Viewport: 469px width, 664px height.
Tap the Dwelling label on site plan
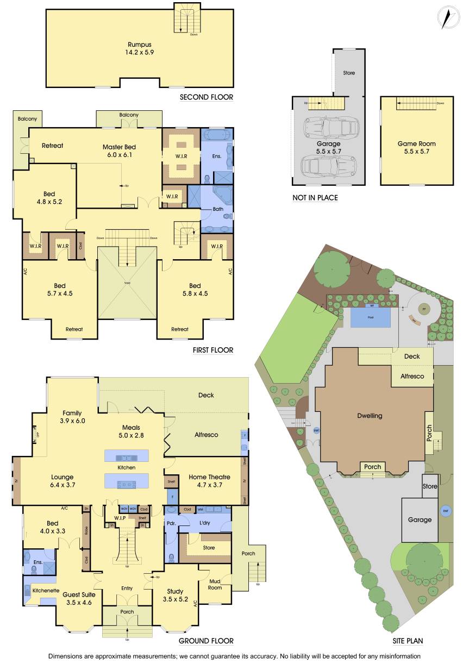pos(370,416)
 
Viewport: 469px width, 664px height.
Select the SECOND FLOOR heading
pos(206,98)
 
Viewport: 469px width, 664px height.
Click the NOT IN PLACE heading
pos(315,198)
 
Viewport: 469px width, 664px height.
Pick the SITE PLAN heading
pos(408,641)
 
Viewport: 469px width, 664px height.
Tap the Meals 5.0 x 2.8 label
pos(132,431)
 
